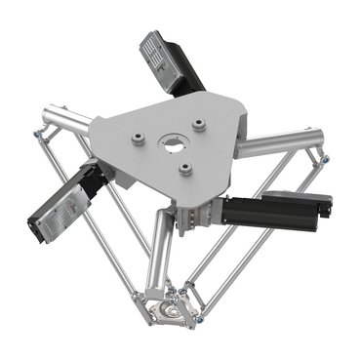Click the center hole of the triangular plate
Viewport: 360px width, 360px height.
pyautogui.click(x=174, y=146)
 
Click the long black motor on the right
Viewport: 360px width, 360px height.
pyautogui.click(x=273, y=210)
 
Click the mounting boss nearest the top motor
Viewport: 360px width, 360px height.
pyautogui.click(x=200, y=125)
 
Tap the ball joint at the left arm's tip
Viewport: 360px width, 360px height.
pyautogui.click(x=38, y=132)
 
